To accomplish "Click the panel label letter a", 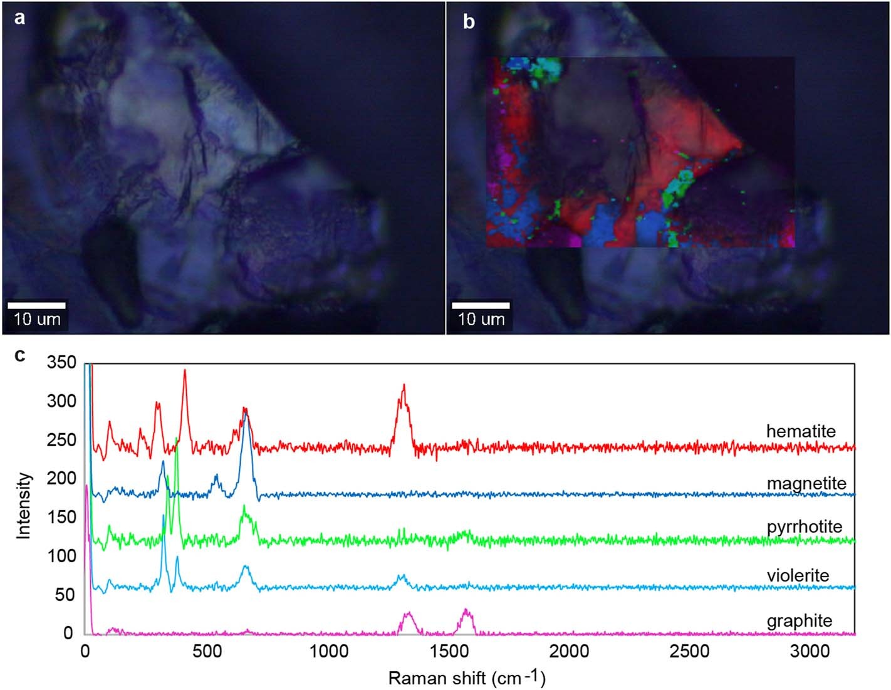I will [x=21, y=18].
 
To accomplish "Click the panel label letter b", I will [x=468, y=22].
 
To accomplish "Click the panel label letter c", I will [x=21, y=355].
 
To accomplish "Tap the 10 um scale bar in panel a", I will [x=36, y=306].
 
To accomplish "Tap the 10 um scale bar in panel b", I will [x=480, y=306].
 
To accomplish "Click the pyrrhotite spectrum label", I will [x=805, y=526].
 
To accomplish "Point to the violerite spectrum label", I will [x=798, y=575].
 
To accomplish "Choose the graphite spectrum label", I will [x=800, y=620].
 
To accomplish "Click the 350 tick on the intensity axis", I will [x=61, y=363].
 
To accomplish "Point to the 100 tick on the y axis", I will [x=61, y=556].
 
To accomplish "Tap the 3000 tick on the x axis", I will [x=810, y=651].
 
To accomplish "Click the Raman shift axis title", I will [x=467, y=677].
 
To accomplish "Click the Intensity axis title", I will [x=24, y=505].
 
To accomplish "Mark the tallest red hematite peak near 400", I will [x=185, y=371].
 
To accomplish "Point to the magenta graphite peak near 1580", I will [x=466, y=610].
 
